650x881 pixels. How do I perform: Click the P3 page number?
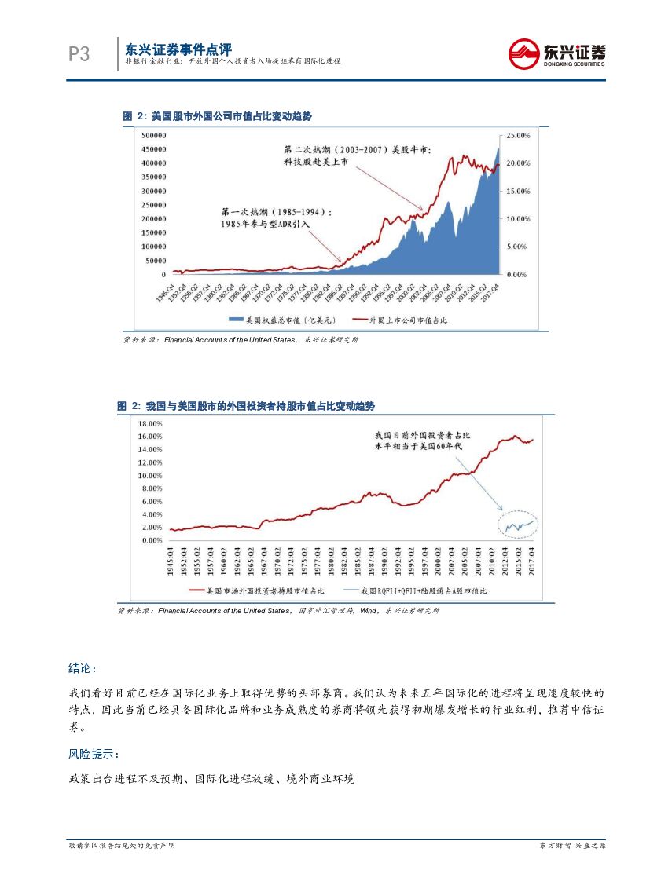[79, 53]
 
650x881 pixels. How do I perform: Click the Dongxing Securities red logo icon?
[523, 53]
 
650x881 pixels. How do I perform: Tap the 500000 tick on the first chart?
[153, 135]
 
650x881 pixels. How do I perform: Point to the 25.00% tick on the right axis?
[519, 135]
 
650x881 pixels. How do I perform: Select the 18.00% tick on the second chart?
[150, 423]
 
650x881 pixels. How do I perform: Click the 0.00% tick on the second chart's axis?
[152, 540]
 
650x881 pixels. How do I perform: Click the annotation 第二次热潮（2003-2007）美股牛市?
[357, 148]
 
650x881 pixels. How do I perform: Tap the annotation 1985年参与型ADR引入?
[266, 224]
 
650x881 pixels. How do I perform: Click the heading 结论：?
[83, 668]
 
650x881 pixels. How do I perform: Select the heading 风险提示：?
[94, 754]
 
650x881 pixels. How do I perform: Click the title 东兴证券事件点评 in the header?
[178, 48]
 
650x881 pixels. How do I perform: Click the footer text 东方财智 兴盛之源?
[571, 845]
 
